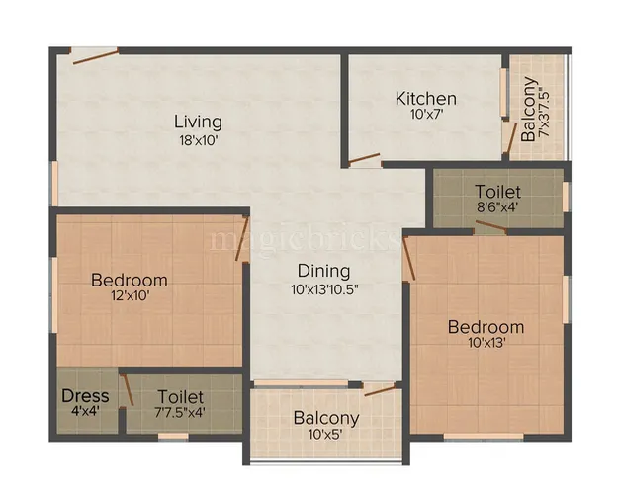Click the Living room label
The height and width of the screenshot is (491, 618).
(198, 122)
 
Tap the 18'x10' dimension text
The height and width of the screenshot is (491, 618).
(198, 140)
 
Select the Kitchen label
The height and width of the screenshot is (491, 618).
(425, 99)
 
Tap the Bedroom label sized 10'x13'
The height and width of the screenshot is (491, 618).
(486, 327)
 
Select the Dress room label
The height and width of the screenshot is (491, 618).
(85, 395)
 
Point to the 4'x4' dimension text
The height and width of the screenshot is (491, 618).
(85, 413)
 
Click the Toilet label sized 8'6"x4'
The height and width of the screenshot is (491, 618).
(497, 191)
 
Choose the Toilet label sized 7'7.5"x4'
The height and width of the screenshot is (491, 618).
(180, 395)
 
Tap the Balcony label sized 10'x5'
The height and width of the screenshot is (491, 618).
(326, 418)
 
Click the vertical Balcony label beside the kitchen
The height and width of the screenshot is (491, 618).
(530, 109)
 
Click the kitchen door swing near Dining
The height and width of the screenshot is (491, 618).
(364, 158)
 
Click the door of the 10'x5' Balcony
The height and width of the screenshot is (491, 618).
(379, 389)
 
